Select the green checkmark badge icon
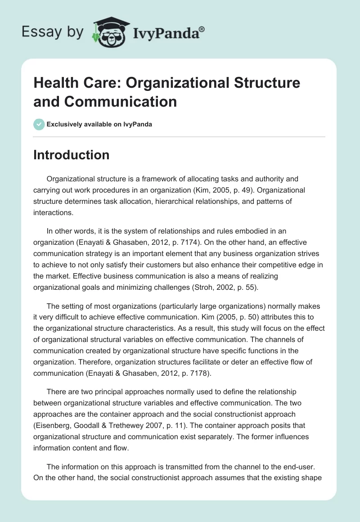39,124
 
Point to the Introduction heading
72,155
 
